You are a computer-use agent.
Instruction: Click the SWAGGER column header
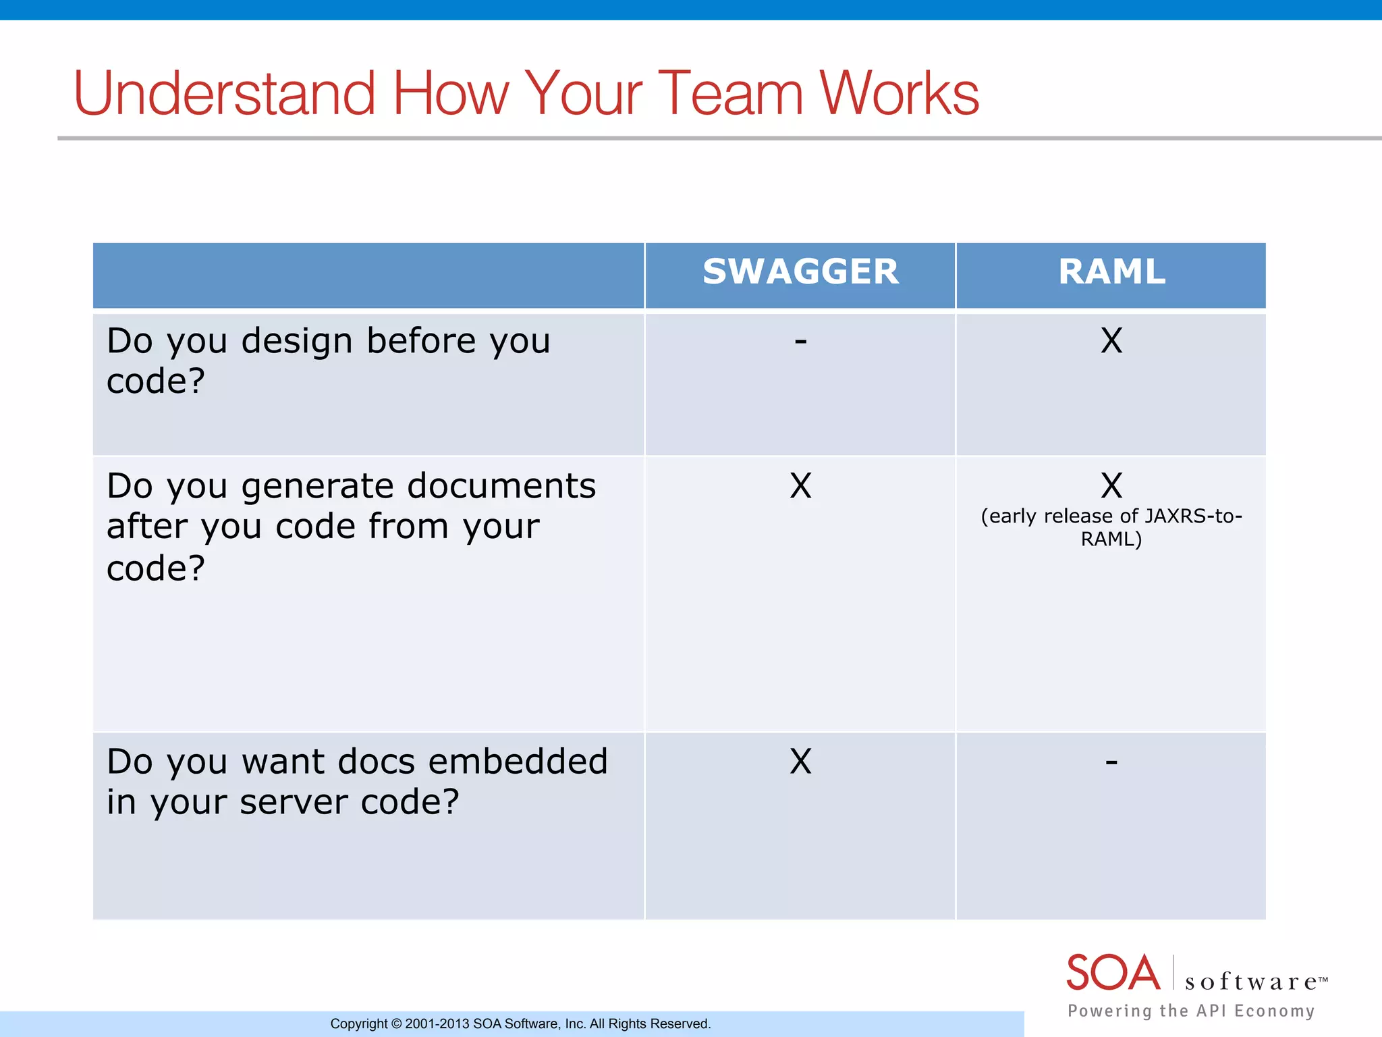(800, 272)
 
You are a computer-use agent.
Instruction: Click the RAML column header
(1111, 272)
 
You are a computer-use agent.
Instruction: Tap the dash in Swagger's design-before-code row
(800, 342)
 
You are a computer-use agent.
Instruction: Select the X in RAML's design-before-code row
(1111, 340)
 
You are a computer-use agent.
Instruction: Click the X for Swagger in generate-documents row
(800, 485)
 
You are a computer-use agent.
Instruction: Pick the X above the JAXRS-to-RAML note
(1111, 485)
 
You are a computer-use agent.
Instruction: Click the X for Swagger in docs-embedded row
(800, 762)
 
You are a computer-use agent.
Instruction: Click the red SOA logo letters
(1113, 973)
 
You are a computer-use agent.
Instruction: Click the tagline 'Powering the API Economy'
(1191, 1011)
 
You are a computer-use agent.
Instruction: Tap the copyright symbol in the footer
(396, 1024)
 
